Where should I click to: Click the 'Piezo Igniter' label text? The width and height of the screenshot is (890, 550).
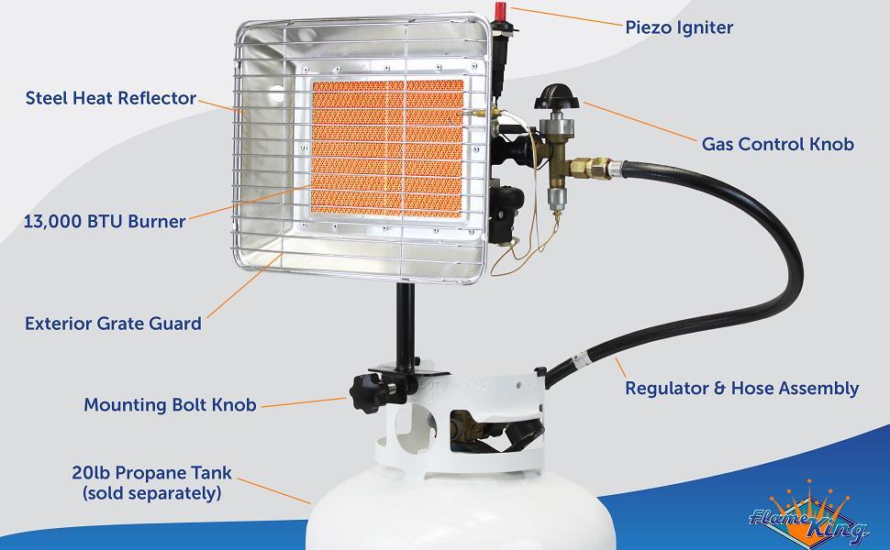coord(679,27)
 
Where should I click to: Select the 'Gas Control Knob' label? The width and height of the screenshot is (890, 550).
coord(777,144)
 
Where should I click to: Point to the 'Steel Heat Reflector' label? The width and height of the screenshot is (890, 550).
coord(111,97)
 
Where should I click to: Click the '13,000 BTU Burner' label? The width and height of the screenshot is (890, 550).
coord(106,221)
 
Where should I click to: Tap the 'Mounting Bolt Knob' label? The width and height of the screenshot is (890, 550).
coord(170,404)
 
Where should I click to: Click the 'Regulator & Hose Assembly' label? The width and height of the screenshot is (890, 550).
coord(741,389)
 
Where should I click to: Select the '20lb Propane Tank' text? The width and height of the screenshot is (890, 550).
coord(150,474)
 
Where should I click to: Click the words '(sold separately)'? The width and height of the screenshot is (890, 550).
coord(150,494)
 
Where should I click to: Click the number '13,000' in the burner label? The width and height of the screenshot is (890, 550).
coord(58,221)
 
